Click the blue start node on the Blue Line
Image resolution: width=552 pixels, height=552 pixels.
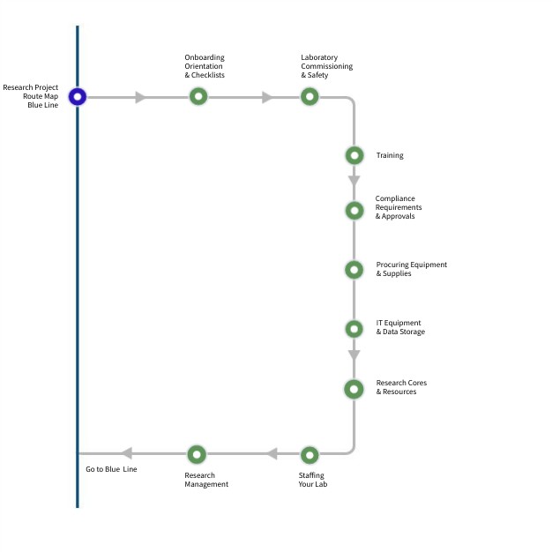coord(78,97)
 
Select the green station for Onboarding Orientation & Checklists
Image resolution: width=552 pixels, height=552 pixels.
coord(198,97)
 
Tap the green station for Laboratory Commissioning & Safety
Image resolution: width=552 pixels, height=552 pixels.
coord(310,97)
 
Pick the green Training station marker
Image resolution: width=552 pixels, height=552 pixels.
coord(354,155)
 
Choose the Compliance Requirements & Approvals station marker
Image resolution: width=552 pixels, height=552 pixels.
coord(354,211)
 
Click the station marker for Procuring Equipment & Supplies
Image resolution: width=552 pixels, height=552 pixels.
coord(354,270)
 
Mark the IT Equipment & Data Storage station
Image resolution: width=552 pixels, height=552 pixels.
coord(354,329)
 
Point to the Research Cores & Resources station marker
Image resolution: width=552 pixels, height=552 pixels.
coord(354,389)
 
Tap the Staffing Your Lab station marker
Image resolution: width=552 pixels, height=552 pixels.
coord(310,455)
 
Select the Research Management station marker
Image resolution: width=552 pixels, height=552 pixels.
coord(197,455)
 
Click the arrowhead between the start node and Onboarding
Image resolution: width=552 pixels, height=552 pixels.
coord(140,97)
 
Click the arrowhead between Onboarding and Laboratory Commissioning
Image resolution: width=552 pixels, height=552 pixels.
coord(267,97)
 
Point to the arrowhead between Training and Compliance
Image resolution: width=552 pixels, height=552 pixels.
coord(354,181)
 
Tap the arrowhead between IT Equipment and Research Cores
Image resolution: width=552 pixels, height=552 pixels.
coord(354,355)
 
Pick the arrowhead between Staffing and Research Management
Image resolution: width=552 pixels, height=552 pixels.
coord(272,454)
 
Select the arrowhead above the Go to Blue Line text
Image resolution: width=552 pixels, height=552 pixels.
coord(126,453)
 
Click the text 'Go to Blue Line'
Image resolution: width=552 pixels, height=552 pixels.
coord(111,469)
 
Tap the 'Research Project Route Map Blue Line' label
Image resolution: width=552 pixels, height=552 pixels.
coord(31,96)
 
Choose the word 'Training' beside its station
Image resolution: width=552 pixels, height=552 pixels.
coord(390,155)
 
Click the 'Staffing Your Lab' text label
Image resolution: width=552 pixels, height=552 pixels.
coord(313,480)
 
